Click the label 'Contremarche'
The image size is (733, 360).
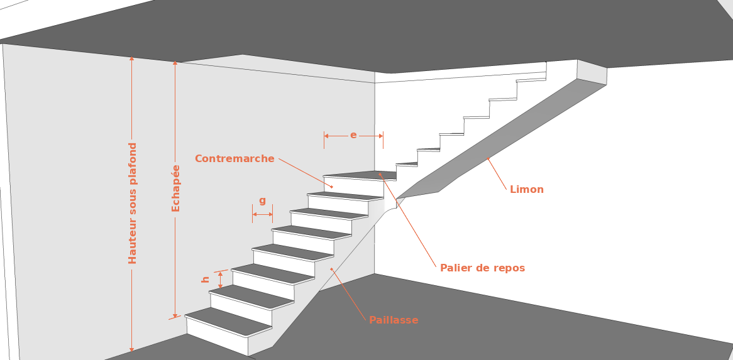tap(234, 159)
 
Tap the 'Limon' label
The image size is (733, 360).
tap(527, 189)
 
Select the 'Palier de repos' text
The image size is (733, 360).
tap(482, 268)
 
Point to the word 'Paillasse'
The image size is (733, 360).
tap(394, 320)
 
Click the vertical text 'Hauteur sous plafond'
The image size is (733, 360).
tap(133, 203)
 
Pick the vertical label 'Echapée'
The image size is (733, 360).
tap(176, 188)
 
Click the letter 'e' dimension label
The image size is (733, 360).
tap(353, 135)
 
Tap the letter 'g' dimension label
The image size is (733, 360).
tap(262, 200)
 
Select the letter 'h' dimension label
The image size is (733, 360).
tap(206, 279)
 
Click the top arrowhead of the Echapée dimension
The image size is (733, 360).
tap(175, 63)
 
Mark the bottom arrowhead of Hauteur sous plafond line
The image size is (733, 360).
tap(132, 349)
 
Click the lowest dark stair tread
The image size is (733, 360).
tap(228, 321)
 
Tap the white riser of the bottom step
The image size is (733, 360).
tap(217, 336)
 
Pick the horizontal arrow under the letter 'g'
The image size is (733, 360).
tap(262, 215)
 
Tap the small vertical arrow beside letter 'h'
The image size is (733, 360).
tap(220, 280)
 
